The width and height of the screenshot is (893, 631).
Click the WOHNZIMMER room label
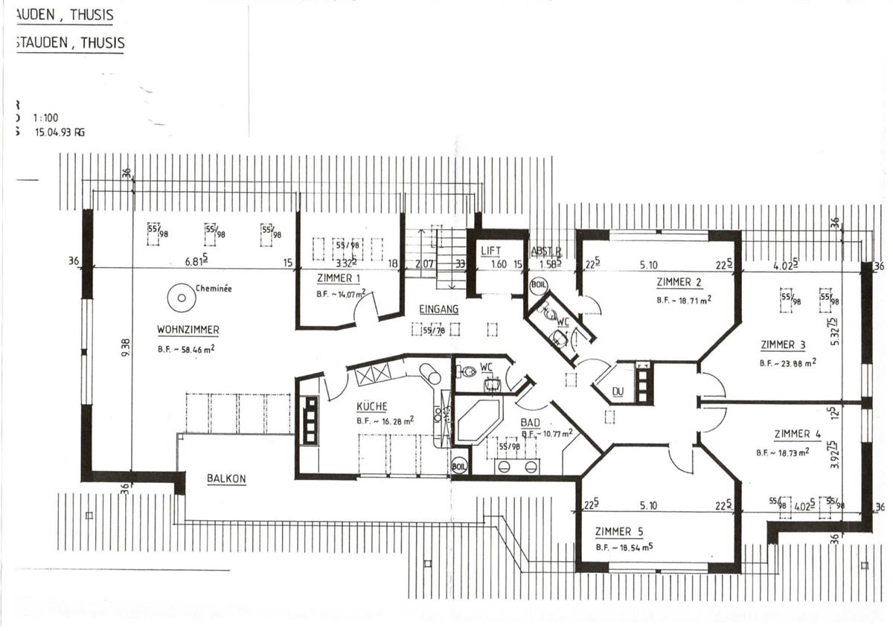(x=188, y=330)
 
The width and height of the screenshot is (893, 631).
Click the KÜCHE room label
(x=371, y=407)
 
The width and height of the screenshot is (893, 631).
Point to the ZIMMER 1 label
(x=339, y=279)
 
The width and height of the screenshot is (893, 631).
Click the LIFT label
(x=491, y=251)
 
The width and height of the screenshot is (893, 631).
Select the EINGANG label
(x=438, y=309)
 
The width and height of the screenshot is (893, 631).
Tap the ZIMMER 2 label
(x=679, y=283)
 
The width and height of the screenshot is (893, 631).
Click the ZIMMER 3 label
(x=783, y=345)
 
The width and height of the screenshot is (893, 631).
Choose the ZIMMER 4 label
(x=797, y=435)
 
